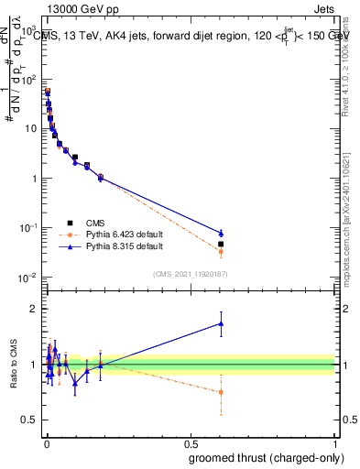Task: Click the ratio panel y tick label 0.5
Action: [x=30, y=420]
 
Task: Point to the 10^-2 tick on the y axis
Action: [x=28, y=278]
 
